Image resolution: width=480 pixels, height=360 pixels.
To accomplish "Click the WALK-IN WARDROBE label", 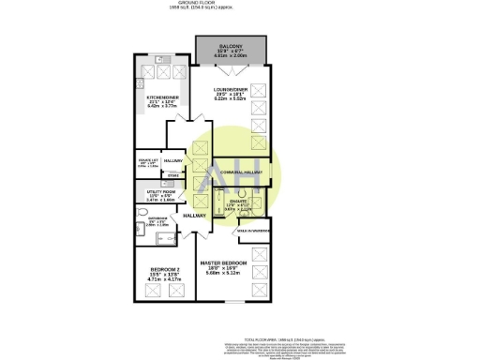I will coord(253,231).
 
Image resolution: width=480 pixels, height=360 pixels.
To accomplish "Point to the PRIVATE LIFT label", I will coord(149,159).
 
